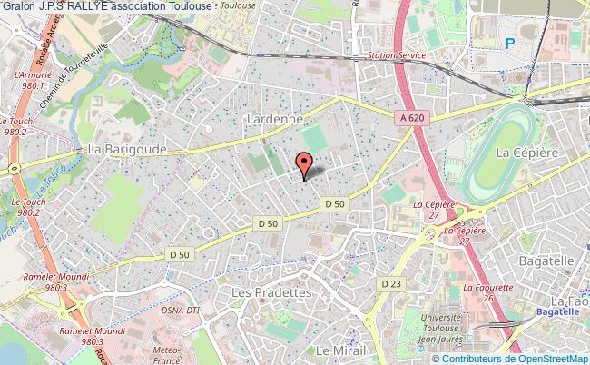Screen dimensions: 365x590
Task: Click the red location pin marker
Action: tap(305, 163)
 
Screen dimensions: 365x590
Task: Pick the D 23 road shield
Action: tap(390, 284)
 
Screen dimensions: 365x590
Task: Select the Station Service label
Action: tap(395, 55)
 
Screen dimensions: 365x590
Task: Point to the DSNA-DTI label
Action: tap(180, 311)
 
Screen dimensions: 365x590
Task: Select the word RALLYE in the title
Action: tap(86, 5)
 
